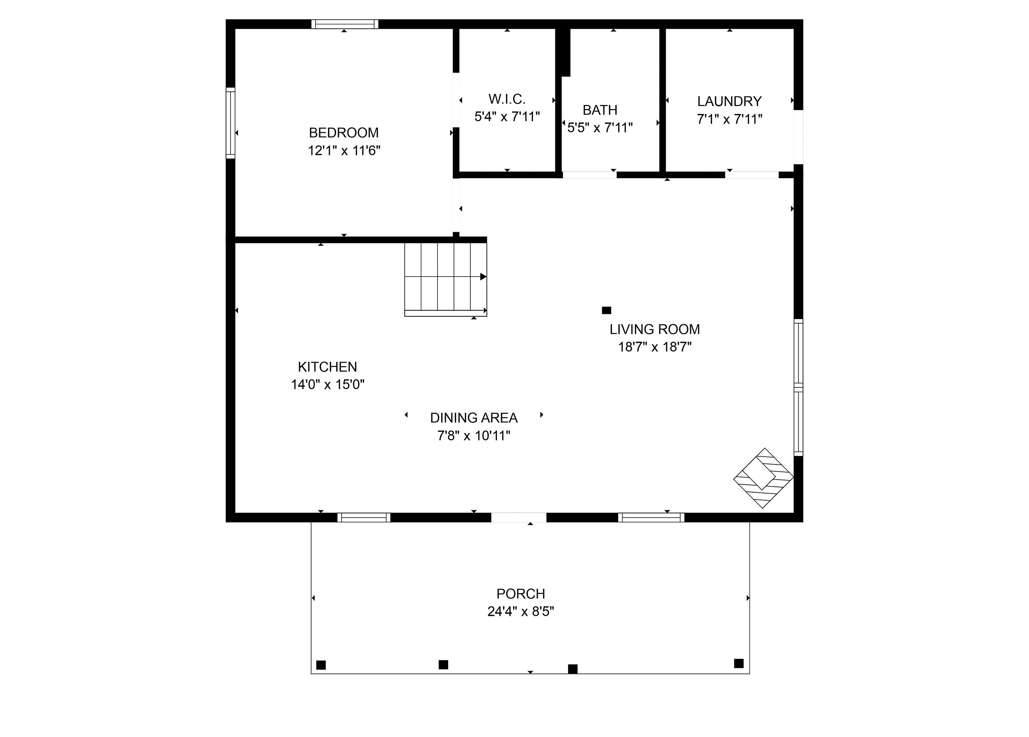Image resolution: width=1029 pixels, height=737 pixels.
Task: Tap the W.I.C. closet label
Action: tap(507, 99)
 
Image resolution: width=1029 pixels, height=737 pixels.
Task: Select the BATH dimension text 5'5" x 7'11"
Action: tap(600, 128)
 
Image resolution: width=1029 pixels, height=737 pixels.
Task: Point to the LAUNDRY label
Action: tap(729, 101)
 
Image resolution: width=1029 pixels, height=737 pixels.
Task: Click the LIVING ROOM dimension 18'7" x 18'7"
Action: tap(655, 347)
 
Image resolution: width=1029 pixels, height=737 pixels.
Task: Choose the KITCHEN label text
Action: tap(327, 367)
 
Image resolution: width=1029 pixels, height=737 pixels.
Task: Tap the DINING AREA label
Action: tap(474, 418)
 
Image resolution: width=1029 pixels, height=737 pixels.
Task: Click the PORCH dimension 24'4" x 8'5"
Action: tap(520, 612)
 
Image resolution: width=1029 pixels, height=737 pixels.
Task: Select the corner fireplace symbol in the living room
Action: tap(763, 478)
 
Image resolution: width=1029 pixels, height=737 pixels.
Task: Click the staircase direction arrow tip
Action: tap(484, 277)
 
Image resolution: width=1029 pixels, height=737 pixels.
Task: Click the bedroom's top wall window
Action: tap(345, 24)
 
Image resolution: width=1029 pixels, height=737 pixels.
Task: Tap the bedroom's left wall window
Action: tap(230, 123)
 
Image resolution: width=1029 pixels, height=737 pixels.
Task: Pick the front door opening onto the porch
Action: tap(519, 517)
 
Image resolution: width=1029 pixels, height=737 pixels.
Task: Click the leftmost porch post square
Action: tap(321, 665)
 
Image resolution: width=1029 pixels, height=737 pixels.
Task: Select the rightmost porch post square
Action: tap(738, 664)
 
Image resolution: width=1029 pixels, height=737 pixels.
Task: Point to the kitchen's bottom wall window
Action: tap(364, 517)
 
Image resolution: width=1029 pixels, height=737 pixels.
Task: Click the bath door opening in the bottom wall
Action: tap(589, 175)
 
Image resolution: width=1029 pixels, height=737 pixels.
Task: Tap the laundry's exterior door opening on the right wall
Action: tap(799, 137)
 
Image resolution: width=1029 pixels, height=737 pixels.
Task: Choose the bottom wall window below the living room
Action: tap(651, 517)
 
